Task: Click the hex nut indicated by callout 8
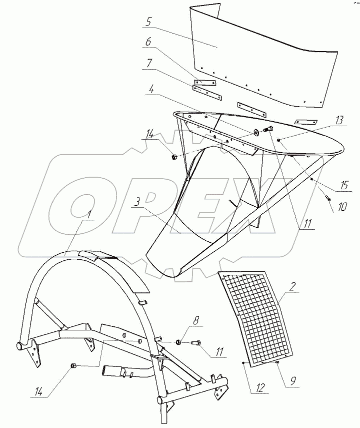click(x=178, y=343)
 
